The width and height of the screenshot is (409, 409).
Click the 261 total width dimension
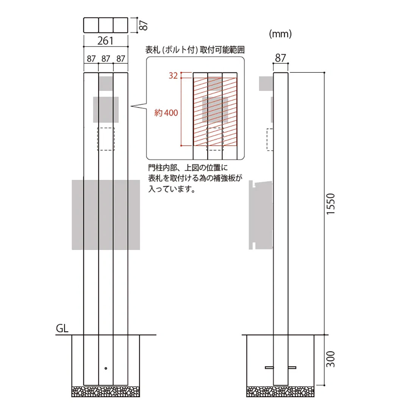pyautogui.click(x=106, y=41)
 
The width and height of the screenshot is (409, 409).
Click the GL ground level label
pyautogui.click(x=62, y=329)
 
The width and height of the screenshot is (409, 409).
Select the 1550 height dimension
pyautogui.click(x=331, y=204)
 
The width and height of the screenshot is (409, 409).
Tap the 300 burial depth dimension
pyautogui.click(x=331, y=360)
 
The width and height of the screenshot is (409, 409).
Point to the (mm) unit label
pyautogui.click(x=280, y=34)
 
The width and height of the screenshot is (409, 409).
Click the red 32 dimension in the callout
pyautogui.click(x=173, y=75)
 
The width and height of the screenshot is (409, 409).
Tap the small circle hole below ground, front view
pyautogui.click(x=106, y=368)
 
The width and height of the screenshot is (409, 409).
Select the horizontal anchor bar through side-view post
pyautogui.click(x=281, y=367)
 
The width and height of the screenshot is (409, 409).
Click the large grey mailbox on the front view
pyautogui.click(x=106, y=215)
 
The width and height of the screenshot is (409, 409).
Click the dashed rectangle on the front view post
pyautogui.click(x=106, y=139)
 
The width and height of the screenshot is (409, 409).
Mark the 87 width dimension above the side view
pyautogui.click(x=281, y=58)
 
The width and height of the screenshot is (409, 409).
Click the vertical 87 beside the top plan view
pyautogui.click(x=143, y=25)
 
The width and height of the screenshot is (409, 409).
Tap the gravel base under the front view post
pyautogui.click(x=106, y=392)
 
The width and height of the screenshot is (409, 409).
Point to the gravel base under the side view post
pyautogui.click(x=281, y=392)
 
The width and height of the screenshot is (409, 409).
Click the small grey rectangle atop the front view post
pyautogui.click(x=106, y=83)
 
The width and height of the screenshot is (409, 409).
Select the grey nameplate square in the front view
pyautogui.click(x=106, y=110)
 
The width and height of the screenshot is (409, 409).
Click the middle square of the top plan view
pyautogui.click(x=106, y=25)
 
